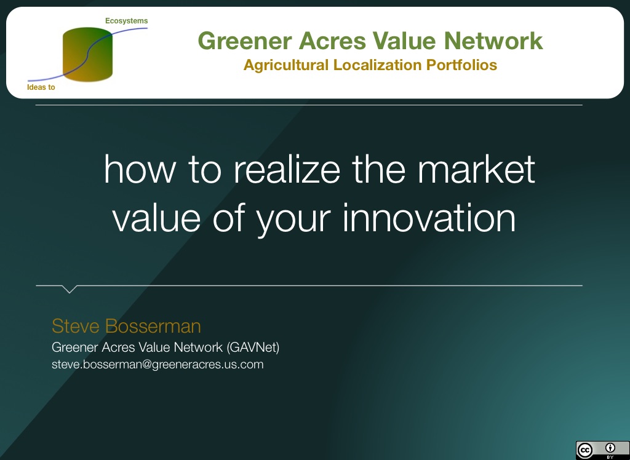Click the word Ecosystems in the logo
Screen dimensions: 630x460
coord(126,21)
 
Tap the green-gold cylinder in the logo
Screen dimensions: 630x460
coord(87,54)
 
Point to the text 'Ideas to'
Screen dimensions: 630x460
coord(41,87)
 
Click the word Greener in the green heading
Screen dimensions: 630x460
coord(245,41)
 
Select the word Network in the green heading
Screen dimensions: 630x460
coord(493,41)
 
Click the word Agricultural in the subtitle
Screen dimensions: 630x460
coord(286,65)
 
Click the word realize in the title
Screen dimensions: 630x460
coord(287,170)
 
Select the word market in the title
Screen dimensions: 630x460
coord(477,170)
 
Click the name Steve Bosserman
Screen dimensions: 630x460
coord(126,326)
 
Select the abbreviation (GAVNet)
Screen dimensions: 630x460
coord(253,347)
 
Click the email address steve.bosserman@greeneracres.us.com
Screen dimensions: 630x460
coord(157,365)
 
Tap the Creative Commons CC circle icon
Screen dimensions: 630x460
coord(585,450)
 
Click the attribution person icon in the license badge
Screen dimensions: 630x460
coord(610,448)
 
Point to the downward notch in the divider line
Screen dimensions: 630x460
coord(69,289)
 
